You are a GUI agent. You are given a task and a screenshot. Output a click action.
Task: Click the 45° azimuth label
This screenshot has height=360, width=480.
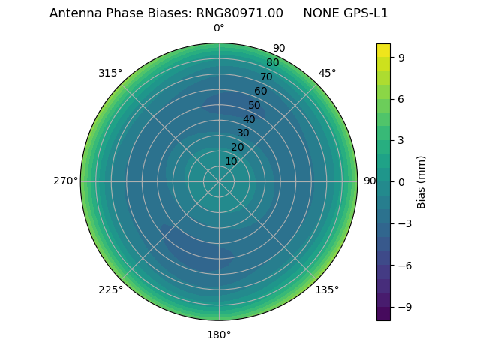coord(328,73)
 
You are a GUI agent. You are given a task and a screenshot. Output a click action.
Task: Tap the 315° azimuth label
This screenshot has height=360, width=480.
coord(110,73)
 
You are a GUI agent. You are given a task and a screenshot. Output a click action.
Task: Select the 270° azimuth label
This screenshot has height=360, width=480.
coord(65,181)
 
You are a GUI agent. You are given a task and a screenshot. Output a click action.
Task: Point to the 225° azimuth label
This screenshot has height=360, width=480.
coord(110,289)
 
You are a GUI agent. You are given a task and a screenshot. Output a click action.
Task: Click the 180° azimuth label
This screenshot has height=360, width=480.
coord(219,334)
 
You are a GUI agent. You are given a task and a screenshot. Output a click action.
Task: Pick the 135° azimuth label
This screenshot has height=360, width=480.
coord(328,289)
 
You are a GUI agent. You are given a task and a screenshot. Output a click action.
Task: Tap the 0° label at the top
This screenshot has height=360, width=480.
coord(219,28)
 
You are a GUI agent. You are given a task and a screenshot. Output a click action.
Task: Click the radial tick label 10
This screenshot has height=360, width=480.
coord(231,161)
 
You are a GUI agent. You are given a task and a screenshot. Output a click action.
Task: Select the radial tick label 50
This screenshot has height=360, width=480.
coord(255,106)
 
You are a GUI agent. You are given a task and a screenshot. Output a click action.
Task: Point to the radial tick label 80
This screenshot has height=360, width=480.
coord(273,63)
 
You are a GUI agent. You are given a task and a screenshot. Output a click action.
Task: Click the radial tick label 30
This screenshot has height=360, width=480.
coord(243,133)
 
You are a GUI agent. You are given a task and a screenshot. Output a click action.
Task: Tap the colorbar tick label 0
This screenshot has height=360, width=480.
coord(401,181)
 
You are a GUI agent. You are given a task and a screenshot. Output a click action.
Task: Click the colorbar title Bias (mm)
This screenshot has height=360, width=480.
coord(421,181)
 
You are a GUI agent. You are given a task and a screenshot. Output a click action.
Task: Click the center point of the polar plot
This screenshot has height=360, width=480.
coord(219,181)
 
